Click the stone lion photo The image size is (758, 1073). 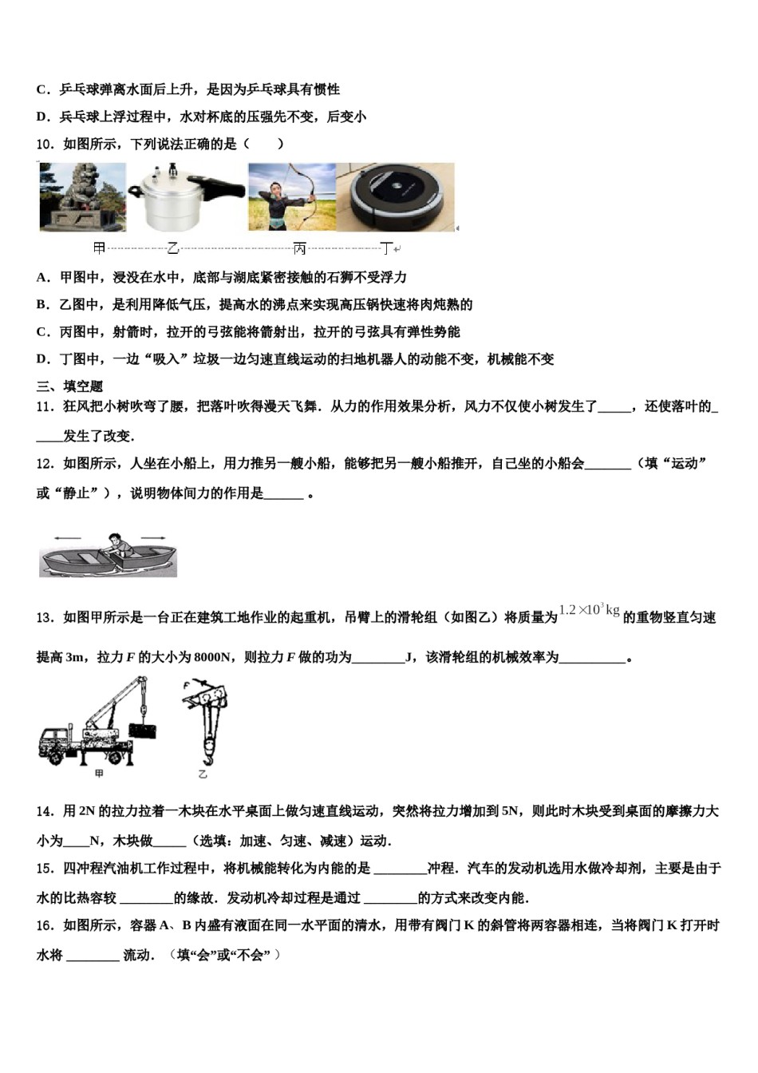coord(83,196)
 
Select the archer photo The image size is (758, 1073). coord(291,196)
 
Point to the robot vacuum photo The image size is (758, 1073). coord(396,196)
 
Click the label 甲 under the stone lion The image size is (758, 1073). coord(99,249)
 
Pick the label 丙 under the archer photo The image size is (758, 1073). coord(299,249)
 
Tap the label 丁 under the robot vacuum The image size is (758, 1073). coord(386,249)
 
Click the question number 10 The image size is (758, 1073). coord(45,145)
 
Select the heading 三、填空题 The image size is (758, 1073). coord(69,386)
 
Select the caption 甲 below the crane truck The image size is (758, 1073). coord(99,774)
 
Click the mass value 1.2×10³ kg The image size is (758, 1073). coord(589,611)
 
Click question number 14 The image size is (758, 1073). coord(45,811)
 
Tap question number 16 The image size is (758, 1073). coord(45,925)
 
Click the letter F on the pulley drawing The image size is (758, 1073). coord(186,685)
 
